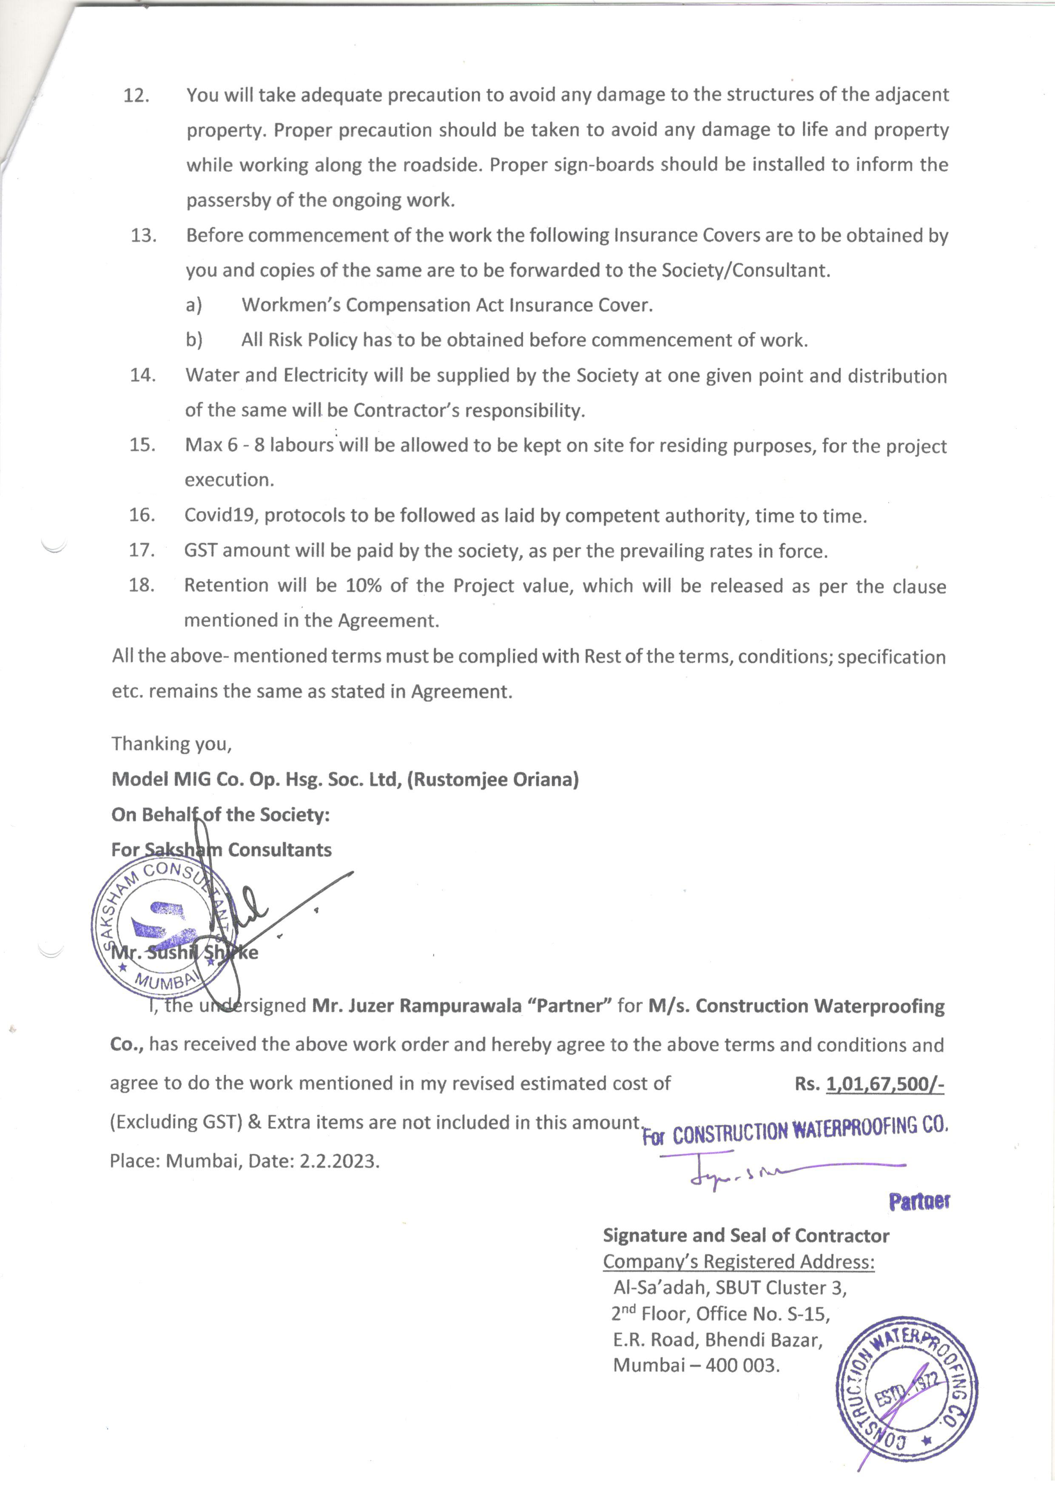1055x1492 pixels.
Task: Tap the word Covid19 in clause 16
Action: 222,515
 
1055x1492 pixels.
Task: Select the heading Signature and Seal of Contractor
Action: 746,1235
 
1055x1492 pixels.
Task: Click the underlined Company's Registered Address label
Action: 739,1261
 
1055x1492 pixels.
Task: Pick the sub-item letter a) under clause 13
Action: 193,305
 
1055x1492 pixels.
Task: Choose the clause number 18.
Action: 141,585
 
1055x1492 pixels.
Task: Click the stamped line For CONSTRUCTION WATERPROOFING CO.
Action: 795,1133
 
